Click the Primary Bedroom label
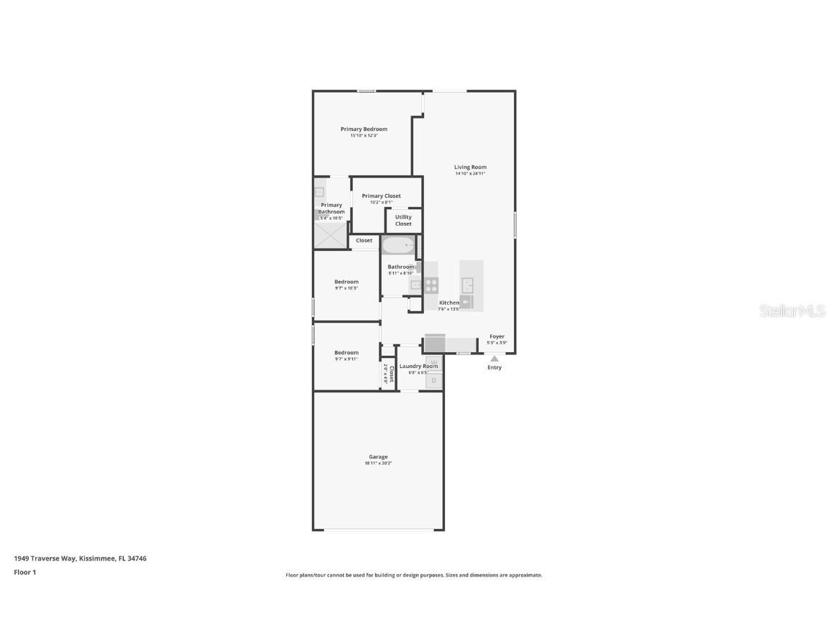point(364,129)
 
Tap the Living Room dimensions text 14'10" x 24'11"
point(470,173)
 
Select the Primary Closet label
point(381,195)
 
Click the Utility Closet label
point(403,220)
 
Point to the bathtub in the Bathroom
point(398,246)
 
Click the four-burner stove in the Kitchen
point(431,285)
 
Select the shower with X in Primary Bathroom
point(331,235)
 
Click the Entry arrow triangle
point(494,358)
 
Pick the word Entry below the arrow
point(494,367)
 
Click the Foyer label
point(497,336)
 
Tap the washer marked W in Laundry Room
point(434,363)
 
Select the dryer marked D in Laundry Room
point(434,380)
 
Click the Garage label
point(378,456)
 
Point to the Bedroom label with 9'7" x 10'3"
point(346,282)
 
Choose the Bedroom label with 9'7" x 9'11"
point(346,352)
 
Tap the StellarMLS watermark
point(793,310)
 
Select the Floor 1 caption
point(24,573)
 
